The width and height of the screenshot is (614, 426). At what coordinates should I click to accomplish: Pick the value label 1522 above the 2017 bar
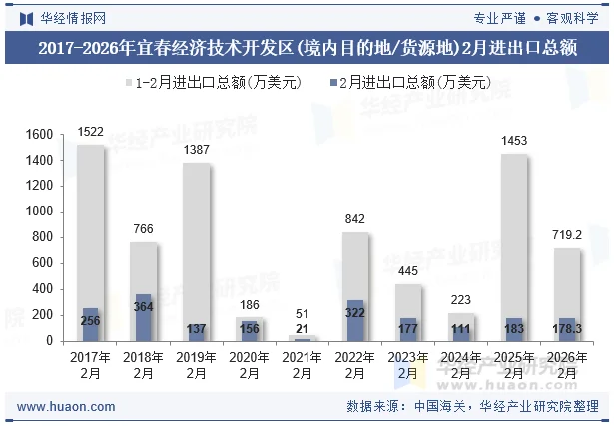[x=91, y=132]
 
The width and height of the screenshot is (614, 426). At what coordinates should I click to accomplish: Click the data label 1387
[x=197, y=150]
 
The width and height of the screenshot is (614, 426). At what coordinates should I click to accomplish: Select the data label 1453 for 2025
[x=514, y=141]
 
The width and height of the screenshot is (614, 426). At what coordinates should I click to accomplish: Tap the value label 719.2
[x=567, y=235]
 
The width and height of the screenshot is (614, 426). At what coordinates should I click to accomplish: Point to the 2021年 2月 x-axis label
[x=303, y=364]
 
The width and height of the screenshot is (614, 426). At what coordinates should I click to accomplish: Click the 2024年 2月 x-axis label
[x=461, y=364]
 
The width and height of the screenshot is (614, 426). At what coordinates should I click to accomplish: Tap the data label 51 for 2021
[x=303, y=314]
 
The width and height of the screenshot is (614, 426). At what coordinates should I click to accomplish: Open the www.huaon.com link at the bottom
[x=66, y=407]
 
